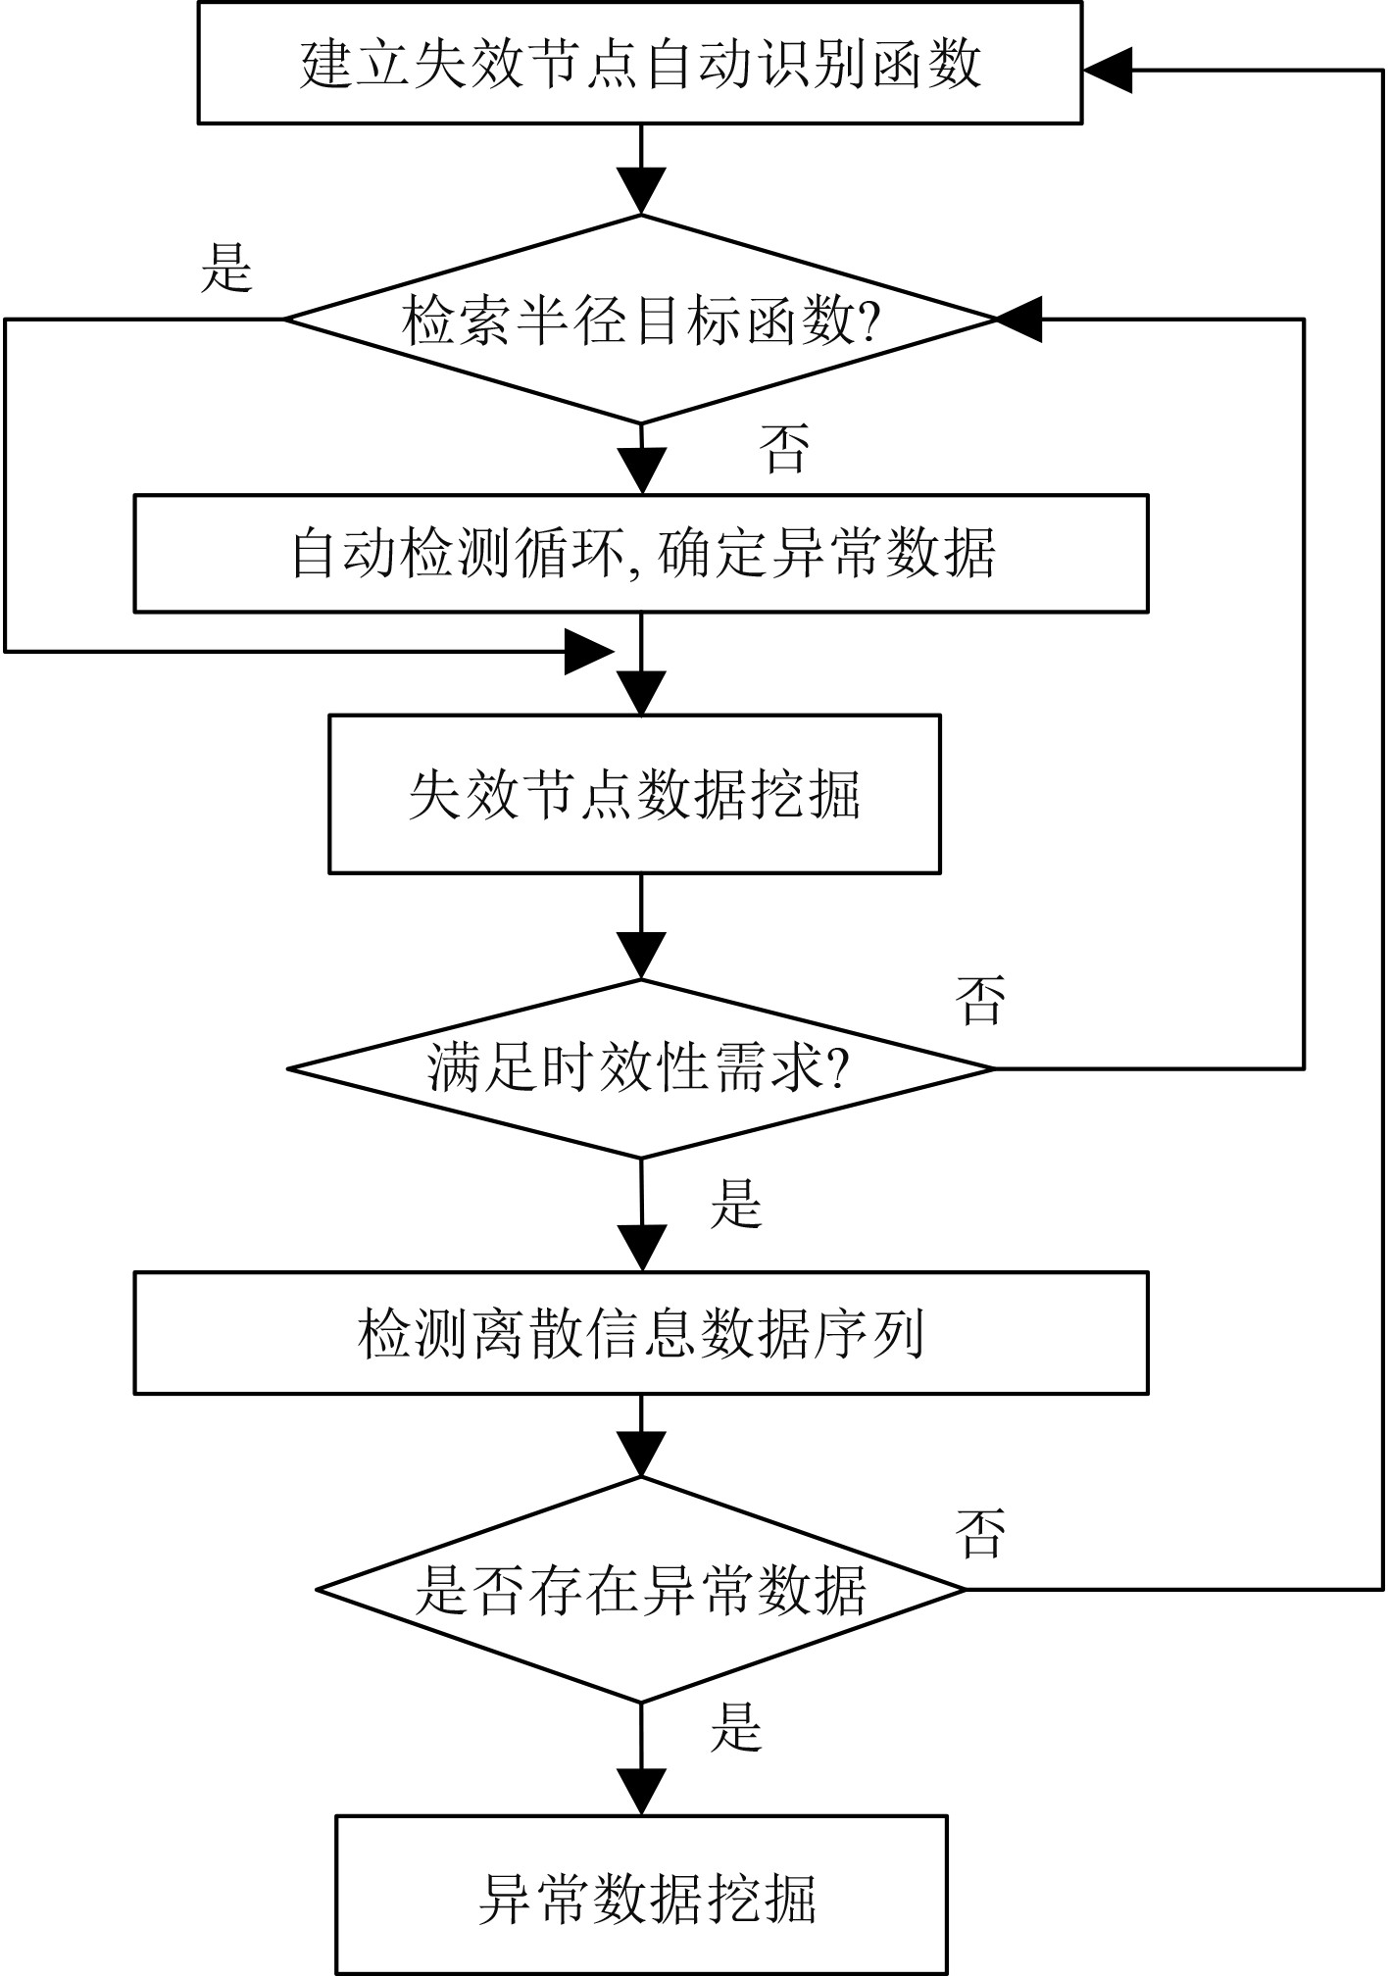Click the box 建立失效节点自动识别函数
[x=640, y=63]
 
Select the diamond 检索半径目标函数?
[x=640, y=319]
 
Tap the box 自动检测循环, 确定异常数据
[x=641, y=554]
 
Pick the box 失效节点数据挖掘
[x=634, y=794]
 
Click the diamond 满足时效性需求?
[x=640, y=1068]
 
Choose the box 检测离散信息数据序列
[x=641, y=1333]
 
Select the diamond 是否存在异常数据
[x=640, y=1588]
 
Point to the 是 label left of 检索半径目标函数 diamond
[x=227, y=267]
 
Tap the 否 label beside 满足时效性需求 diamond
[x=980, y=1000]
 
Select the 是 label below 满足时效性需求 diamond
[x=736, y=1203]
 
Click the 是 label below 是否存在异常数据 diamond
[x=736, y=1727]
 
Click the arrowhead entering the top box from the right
[x=1108, y=70]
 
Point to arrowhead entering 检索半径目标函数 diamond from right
[x=1020, y=319]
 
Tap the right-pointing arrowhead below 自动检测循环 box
[x=589, y=651]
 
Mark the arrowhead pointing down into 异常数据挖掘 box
[x=641, y=1792]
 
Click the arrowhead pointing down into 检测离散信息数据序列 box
[x=641, y=1248]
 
